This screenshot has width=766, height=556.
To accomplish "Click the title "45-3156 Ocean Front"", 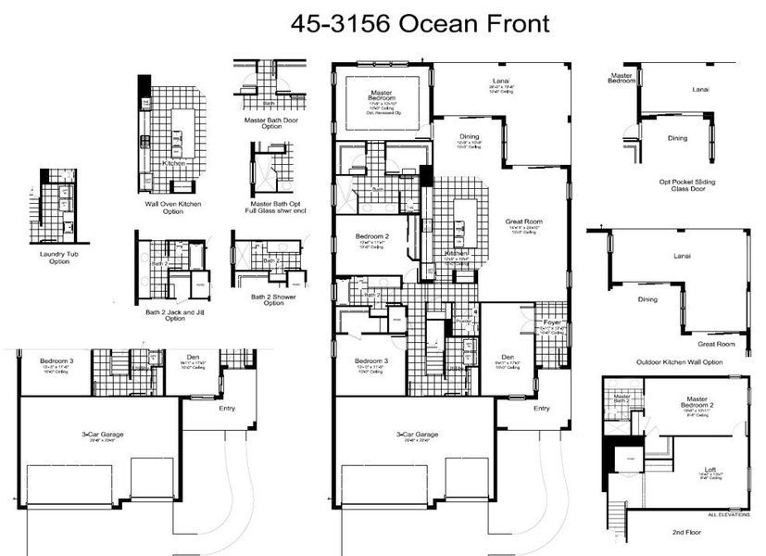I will coord(420,23).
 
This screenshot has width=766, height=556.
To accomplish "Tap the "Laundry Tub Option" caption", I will coord(53,258).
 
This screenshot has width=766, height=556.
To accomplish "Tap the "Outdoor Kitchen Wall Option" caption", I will coord(679,361).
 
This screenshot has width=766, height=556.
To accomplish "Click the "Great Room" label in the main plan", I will coord(523,222).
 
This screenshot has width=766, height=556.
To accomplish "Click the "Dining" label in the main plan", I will coord(469,137).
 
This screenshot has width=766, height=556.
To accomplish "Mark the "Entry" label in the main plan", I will coord(541,408).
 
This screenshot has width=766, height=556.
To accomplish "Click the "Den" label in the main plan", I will coord(507,356).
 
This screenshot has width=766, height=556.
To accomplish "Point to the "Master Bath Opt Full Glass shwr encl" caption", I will coord(278,207).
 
